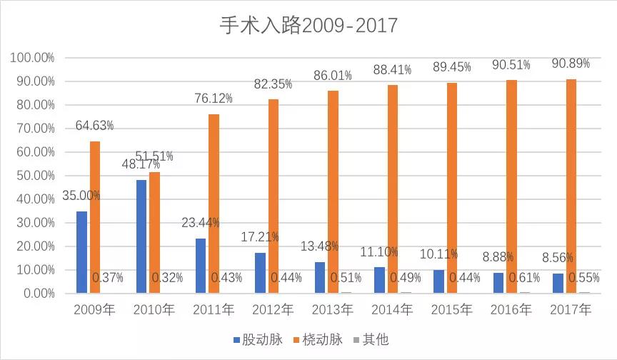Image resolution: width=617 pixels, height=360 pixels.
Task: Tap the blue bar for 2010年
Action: tap(141, 236)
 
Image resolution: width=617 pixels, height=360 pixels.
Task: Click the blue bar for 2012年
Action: tap(261, 273)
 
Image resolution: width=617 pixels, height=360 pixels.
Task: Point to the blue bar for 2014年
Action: tap(379, 280)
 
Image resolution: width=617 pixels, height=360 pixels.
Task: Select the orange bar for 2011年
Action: tap(214, 204)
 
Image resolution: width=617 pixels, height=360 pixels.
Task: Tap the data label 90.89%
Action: tap(571, 64)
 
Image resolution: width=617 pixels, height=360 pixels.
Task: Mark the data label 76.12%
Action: tap(214, 99)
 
